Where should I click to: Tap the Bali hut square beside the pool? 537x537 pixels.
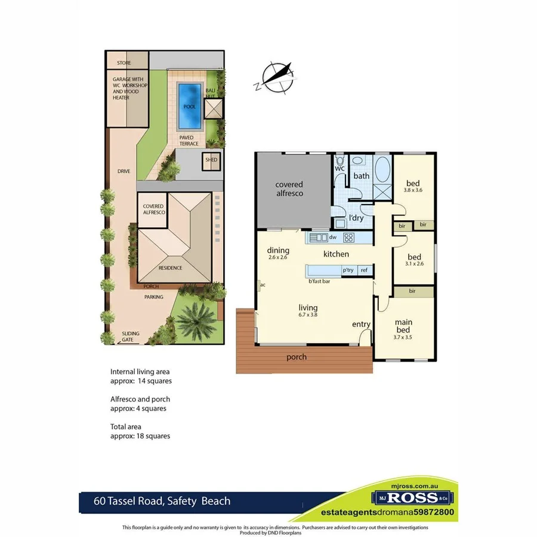point(213,109)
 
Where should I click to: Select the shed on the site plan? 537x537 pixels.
point(212,161)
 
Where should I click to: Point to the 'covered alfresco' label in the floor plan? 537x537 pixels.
point(289,189)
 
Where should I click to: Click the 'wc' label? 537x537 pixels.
point(340,169)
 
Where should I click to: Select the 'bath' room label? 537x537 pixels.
point(362,176)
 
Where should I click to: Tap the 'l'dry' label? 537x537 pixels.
point(356,218)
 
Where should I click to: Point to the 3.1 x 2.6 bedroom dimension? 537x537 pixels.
point(414,263)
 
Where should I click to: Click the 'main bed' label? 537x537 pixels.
point(403,326)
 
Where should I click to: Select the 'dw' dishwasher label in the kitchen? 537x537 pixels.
point(334,237)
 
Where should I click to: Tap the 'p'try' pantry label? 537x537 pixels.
point(348,270)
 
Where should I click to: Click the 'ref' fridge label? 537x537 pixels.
point(363,270)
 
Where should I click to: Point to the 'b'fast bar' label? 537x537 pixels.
point(320,280)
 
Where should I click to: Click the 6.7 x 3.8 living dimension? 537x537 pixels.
point(308,316)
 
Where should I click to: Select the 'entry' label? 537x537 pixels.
point(361,324)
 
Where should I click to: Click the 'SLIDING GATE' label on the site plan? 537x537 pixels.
point(128,337)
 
